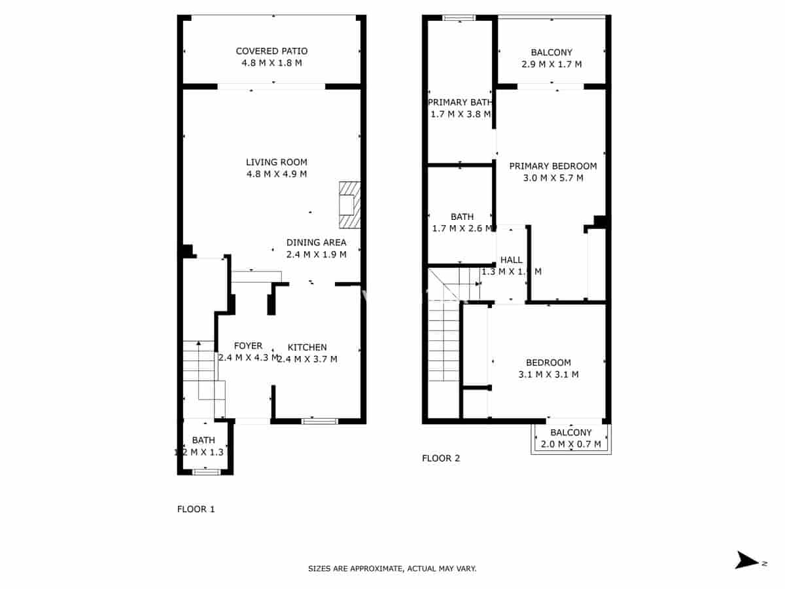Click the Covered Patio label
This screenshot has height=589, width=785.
click(x=271, y=51)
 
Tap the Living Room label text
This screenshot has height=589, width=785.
click(x=276, y=162)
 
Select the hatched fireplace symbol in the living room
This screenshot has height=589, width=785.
click(x=349, y=205)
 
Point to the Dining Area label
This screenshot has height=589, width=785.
click(x=316, y=242)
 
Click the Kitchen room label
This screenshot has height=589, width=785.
click(x=307, y=347)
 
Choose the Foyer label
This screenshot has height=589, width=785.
click(x=248, y=346)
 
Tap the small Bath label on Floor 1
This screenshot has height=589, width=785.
click(x=203, y=440)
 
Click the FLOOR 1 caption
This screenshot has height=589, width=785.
click(x=196, y=509)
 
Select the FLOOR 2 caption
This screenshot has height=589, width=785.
click(x=441, y=458)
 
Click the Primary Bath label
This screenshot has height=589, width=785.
click(x=459, y=102)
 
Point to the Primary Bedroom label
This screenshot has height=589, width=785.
click(x=553, y=166)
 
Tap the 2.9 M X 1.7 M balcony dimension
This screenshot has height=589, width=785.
click(x=551, y=64)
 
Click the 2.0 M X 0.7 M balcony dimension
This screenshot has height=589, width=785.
click(x=570, y=444)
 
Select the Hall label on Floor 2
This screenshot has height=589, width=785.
click(x=511, y=260)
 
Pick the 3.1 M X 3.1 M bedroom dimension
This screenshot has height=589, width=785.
click(x=548, y=374)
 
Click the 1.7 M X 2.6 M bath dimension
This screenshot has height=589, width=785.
click(x=462, y=228)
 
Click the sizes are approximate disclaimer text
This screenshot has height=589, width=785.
click(x=392, y=569)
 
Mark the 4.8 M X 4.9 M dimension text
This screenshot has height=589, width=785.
click(x=276, y=174)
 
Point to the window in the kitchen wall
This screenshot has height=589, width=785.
click(x=320, y=421)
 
